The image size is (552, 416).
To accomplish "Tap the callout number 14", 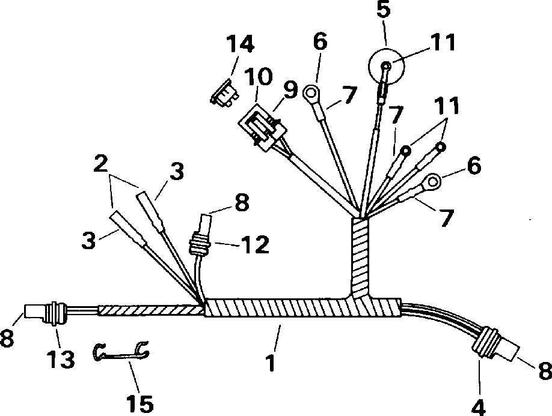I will [239, 44].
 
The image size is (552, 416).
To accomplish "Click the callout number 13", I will [61, 360].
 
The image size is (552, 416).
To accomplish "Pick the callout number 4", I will [479, 406].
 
